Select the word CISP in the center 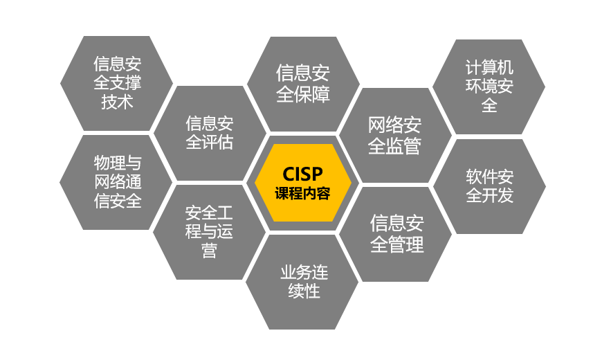[x=303, y=174]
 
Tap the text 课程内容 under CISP [x=303, y=193]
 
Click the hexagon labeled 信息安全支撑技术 [x=116, y=83]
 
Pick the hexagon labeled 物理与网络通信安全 [x=116, y=182]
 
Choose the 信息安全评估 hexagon [x=209, y=134]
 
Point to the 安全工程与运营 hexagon [x=209, y=231]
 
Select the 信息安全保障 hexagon [x=303, y=84]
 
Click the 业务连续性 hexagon [x=303, y=281]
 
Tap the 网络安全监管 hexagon [x=395, y=135]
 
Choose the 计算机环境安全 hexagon [x=489, y=87]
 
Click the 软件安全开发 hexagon [x=489, y=186]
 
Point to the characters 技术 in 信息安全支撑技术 [x=117, y=102]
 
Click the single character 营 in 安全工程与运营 [x=209, y=251]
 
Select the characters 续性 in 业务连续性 [x=304, y=291]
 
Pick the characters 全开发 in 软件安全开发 [x=489, y=195]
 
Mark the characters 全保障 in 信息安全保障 [x=303, y=94]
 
